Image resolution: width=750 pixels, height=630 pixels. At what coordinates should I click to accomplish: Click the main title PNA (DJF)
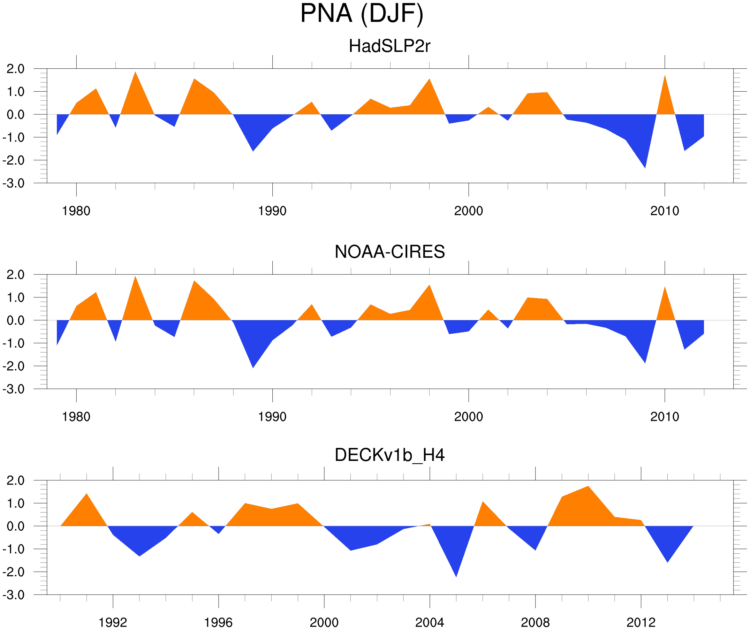pyautogui.click(x=362, y=14)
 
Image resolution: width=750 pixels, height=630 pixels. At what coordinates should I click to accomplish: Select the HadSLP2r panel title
pyautogui.click(x=389, y=46)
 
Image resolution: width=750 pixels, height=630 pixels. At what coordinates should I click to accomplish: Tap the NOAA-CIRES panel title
pyautogui.click(x=389, y=252)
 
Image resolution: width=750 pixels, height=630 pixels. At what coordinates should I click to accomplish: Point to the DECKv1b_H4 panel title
pyautogui.click(x=389, y=455)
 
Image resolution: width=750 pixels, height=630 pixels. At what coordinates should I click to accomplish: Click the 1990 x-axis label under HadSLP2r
pyautogui.click(x=272, y=211)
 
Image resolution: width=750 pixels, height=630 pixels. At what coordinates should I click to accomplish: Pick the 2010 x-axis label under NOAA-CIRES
pyautogui.click(x=664, y=417)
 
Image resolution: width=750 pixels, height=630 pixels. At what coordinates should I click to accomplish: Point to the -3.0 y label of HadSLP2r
pyautogui.click(x=14, y=183)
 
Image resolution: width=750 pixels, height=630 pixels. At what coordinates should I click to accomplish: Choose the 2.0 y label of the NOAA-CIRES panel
pyautogui.click(x=15, y=275)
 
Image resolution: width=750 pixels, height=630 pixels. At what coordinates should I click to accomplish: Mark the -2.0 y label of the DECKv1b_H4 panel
pyautogui.click(x=14, y=572)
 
